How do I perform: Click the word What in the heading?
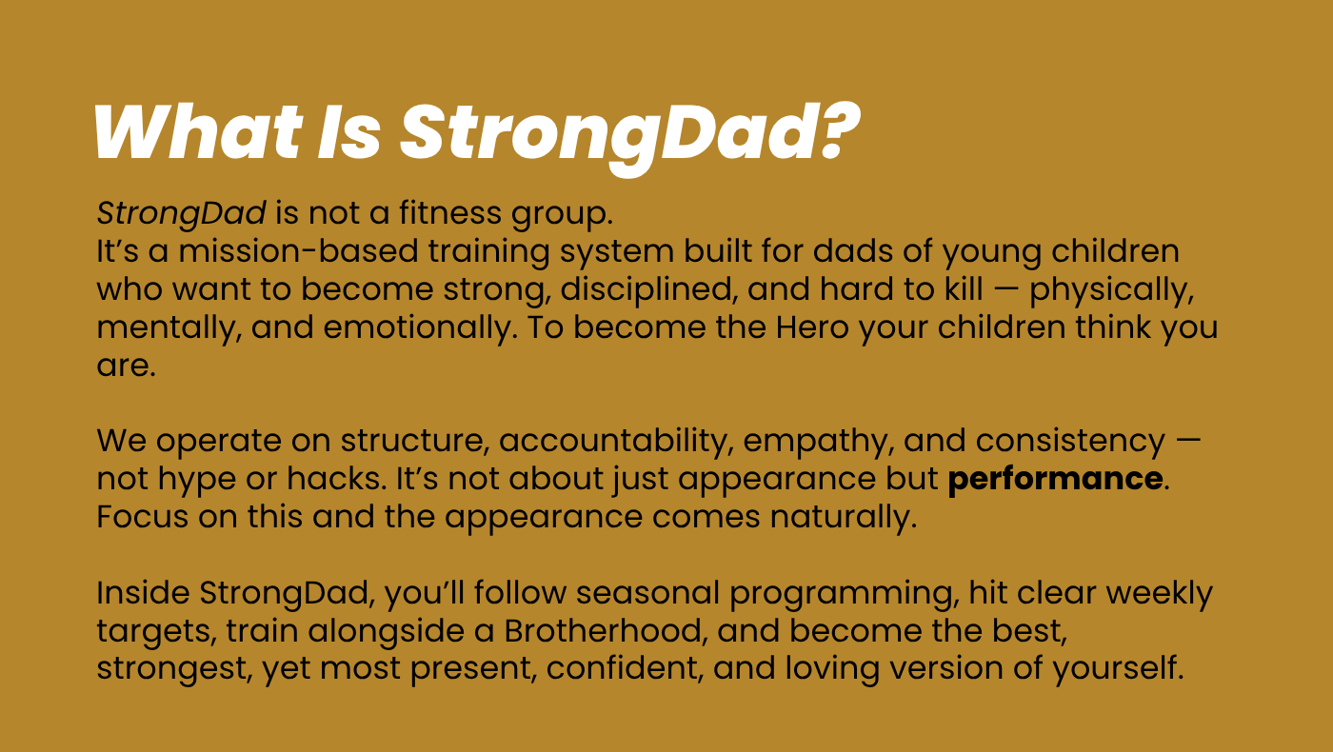(x=198, y=132)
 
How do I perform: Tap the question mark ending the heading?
(x=839, y=131)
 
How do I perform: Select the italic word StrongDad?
(x=181, y=214)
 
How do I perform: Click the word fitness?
(x=449, y=212)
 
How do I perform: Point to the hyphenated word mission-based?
(x=298, y=250)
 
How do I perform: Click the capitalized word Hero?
(x=811, y=327)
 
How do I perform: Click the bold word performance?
(x=1055, y=480)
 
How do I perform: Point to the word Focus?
(x=142, y=516)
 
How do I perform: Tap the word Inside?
(x=143, y=592)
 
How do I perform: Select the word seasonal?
(x=648, y=592)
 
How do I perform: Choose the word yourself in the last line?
(x=1118, y=669)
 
